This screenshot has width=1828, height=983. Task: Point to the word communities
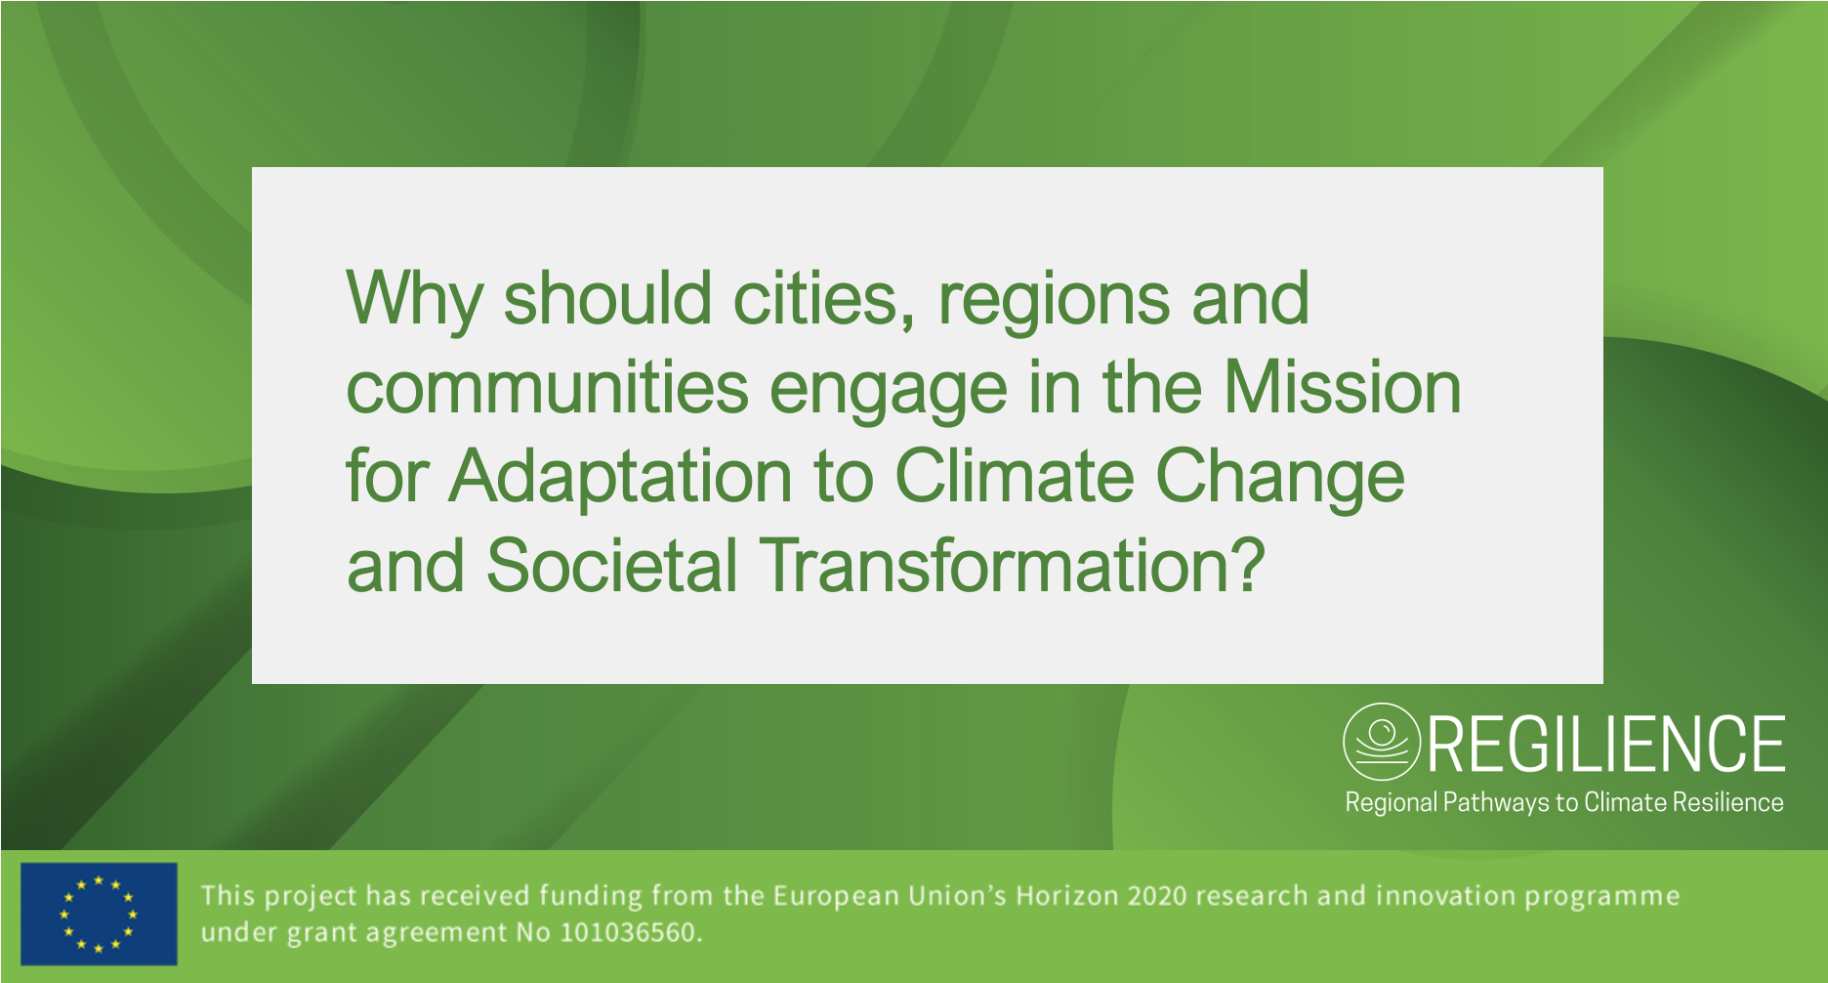click(548, 388)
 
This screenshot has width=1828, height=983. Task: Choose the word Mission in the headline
click(1342, 387)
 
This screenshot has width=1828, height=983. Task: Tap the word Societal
click(611, 565)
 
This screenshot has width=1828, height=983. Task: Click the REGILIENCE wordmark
click(1606, 745)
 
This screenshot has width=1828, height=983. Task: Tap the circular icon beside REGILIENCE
click(1381, 742)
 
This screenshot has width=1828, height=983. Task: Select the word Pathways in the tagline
click(1496, 803)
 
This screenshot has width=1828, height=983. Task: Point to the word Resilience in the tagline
click(1728, 802)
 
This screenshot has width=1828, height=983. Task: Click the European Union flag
click(99, 914)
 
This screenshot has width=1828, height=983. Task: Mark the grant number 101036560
click(629, 932)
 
